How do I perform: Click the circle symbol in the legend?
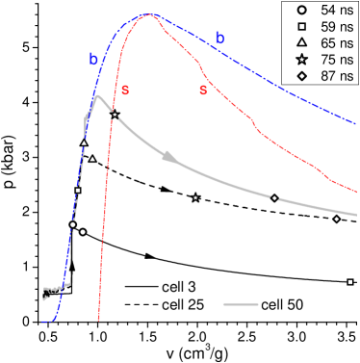click(301, 10)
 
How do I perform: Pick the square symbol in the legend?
click(301, 27)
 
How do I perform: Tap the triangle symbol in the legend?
click(301, 44)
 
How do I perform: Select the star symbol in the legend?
click(301, 62)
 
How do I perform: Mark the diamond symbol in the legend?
click(301, 79)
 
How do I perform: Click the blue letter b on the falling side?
click(219, 38)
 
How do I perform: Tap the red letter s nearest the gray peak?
click(124, 90)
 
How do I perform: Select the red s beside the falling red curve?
click(203, 90)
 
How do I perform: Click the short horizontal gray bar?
click(241, 304)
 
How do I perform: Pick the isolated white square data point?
click(350, 282)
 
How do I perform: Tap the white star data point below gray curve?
click(195, 197)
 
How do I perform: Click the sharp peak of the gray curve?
click(97, 95)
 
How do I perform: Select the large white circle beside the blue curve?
click(84, 232)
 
